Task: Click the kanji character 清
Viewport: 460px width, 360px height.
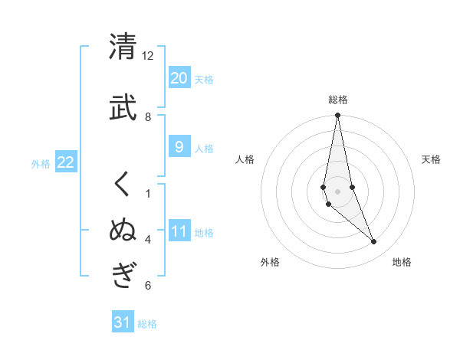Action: coord(123,47)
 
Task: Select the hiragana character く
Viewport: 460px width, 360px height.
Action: coord(123,185)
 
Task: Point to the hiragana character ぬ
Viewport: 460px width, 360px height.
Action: coord(123,231)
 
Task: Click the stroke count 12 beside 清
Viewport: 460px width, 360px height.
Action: coord(148,56)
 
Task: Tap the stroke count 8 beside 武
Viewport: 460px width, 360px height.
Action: coord(148,116)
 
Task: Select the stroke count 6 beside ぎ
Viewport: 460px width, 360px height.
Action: coord(148,286)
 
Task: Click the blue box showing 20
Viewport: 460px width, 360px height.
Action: coord(179,78)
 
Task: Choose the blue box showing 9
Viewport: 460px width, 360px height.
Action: coord(179,148)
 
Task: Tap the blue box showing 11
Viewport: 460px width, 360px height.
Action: coord(179,231)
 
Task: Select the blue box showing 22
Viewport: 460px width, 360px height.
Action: coord(66,162)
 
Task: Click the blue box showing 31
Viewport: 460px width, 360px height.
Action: coord(123,322)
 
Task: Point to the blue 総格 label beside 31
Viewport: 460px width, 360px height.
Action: coord(147,324)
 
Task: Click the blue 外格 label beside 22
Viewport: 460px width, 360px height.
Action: coord(41,163)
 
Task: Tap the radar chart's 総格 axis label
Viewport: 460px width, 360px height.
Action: coord(338,100)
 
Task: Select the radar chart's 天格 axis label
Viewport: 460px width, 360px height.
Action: coord(431,159)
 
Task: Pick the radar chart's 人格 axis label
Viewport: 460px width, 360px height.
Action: coord(245,159)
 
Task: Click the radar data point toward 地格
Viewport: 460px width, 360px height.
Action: coord(374,242)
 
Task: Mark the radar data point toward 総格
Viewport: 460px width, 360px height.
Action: coord(338,116)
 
